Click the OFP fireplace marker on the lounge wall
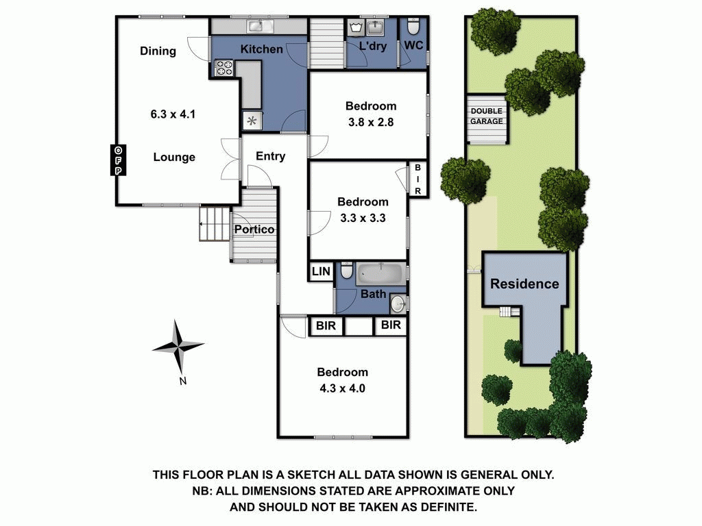pos(118,160)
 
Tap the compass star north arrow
pos(179,347)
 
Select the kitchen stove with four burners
pos(224,68)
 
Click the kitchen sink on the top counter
pos(262,26)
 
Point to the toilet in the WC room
pos(413,27)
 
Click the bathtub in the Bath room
pos(380,273)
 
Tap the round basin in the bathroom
pos(398,303)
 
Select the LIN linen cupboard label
pos(321,271)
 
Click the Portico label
pos(254,229)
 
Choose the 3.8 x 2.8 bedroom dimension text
pos(371,122)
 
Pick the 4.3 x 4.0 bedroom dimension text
pos(343,388)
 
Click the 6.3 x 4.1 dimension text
pos(173,114)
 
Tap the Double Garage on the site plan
pos(487,119)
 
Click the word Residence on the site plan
pos(524,284)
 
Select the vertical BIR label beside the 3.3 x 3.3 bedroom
pos(417,179)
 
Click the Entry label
pos(270,156)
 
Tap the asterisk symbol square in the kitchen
pos(252,121)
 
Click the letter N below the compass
pos(182,381)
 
